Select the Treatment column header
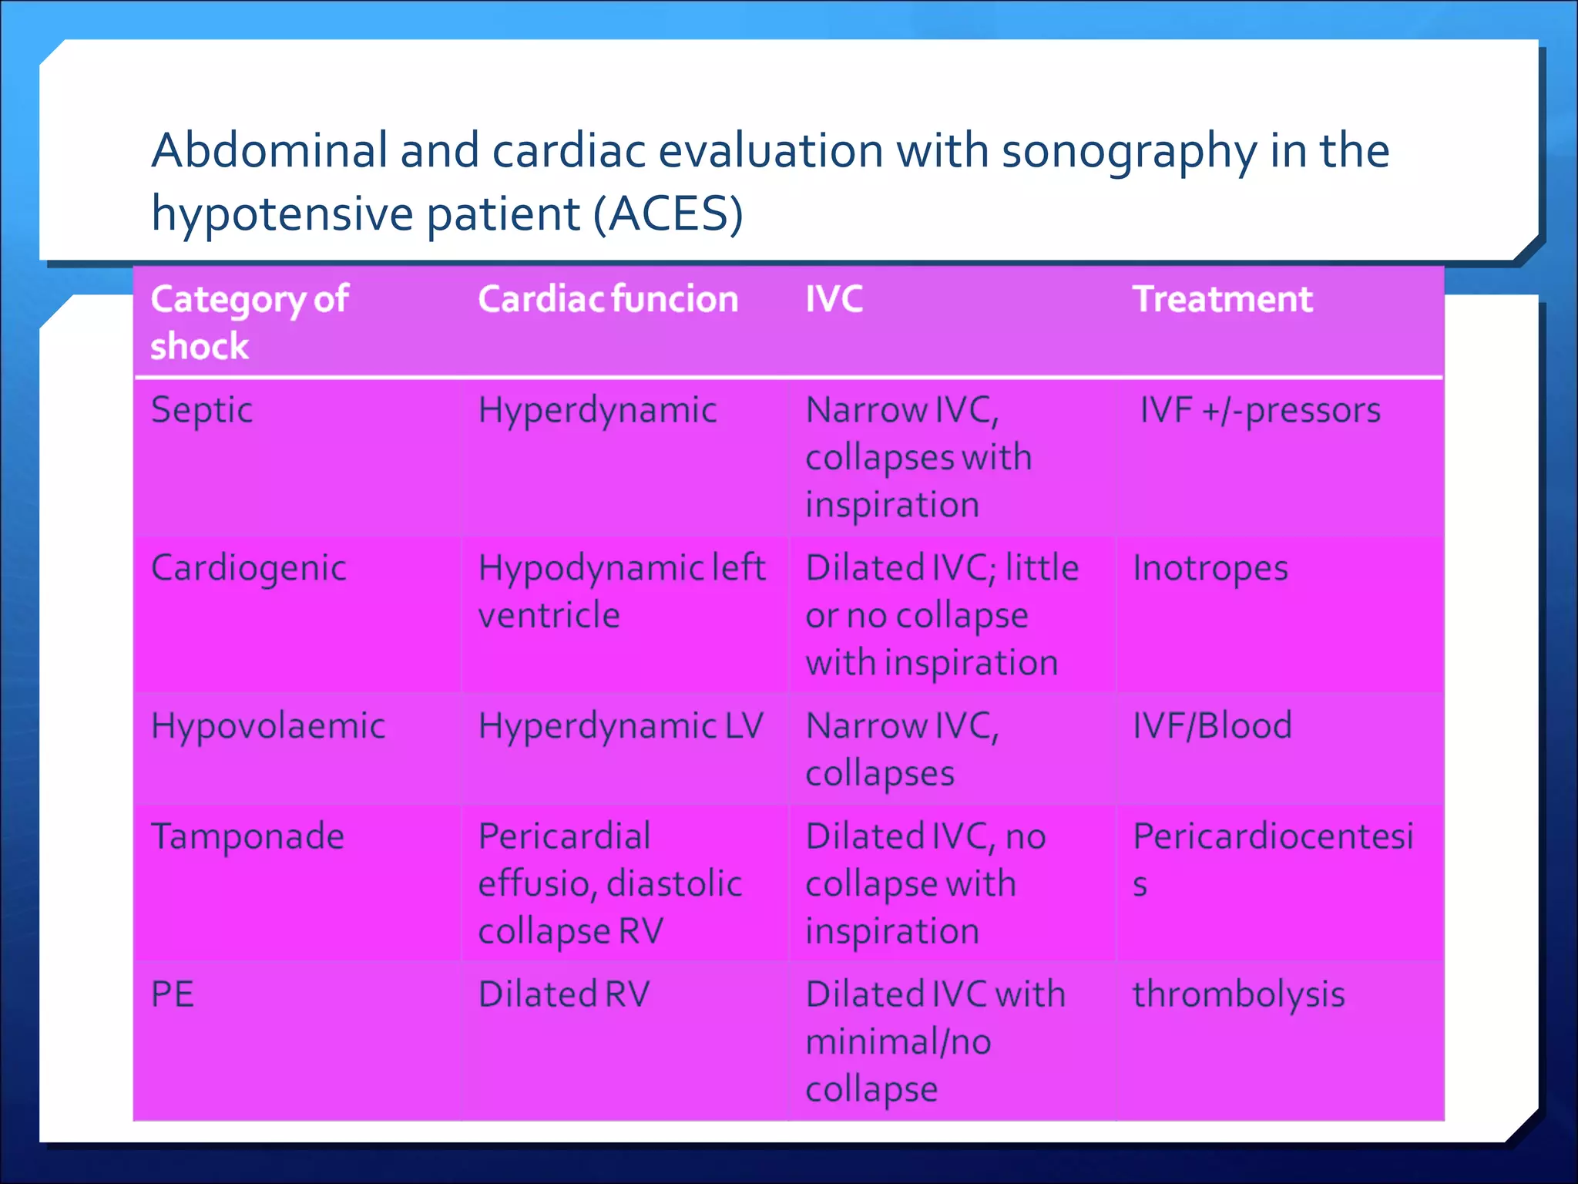coord(1222,299)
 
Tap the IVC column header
coord(834,299)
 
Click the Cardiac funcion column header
coord(608,299)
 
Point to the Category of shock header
coord(249,321)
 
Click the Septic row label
coord(202,410)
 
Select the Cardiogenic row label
coord(248,569)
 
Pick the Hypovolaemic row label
coord(268,726)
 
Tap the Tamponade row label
coord(247,837)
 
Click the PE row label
coord(173,994)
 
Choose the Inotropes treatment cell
coord(1210,569)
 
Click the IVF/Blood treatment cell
coord(1212,726)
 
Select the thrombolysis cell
coord(1238,994)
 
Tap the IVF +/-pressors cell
coord(1260,410)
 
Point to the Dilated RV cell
coord(564,994)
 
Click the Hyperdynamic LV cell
coord(620,726)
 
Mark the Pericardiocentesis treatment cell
coord(1272,859)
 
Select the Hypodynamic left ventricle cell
coord(621,591)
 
